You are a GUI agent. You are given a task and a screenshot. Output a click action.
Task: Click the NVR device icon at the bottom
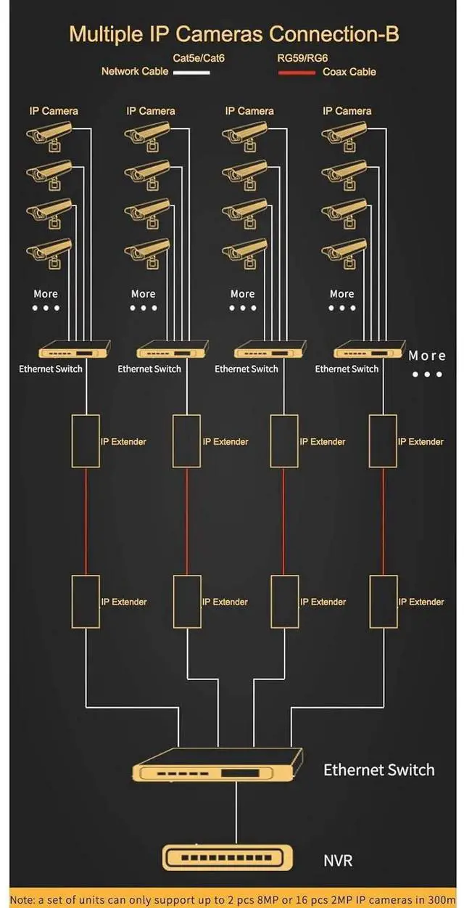229,858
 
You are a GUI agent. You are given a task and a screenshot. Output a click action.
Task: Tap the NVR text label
338,861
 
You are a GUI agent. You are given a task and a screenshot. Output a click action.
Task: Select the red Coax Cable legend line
297,72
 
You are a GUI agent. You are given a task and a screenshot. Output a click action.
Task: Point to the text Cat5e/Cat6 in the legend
199,57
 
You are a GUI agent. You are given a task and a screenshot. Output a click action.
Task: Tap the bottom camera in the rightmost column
345,252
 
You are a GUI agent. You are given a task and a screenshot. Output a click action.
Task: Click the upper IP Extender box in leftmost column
86,441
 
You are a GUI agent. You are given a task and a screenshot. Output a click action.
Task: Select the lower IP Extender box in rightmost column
383,601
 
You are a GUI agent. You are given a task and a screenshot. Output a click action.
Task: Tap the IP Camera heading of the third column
249,111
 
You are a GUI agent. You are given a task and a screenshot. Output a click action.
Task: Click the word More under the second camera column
143,294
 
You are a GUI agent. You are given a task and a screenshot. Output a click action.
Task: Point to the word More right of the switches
427,356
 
